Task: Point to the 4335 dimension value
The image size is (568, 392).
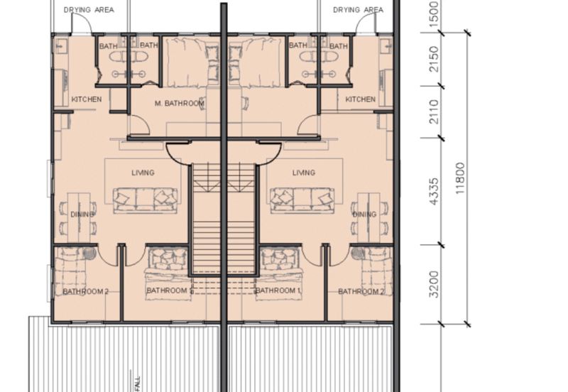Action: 435,191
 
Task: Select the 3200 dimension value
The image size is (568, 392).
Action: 435,284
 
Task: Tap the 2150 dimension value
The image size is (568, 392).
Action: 435,58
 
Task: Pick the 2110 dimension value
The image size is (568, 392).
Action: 435,112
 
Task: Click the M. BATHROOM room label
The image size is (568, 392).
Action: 180,104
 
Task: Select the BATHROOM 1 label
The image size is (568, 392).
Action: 279,291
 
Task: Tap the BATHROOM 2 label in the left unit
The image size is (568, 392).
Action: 85,291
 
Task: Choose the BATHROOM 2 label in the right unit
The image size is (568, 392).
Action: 361,291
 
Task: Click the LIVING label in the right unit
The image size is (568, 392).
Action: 303,173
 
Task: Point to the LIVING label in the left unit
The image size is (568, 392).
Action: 143,173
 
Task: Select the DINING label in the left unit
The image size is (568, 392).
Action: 82,214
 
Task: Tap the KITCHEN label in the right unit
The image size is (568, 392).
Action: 360,99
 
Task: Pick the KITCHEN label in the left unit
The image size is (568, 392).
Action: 87,99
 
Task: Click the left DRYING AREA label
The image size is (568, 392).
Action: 89,10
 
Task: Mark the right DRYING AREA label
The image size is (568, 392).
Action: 358,10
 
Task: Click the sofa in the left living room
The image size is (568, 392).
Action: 145,199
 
